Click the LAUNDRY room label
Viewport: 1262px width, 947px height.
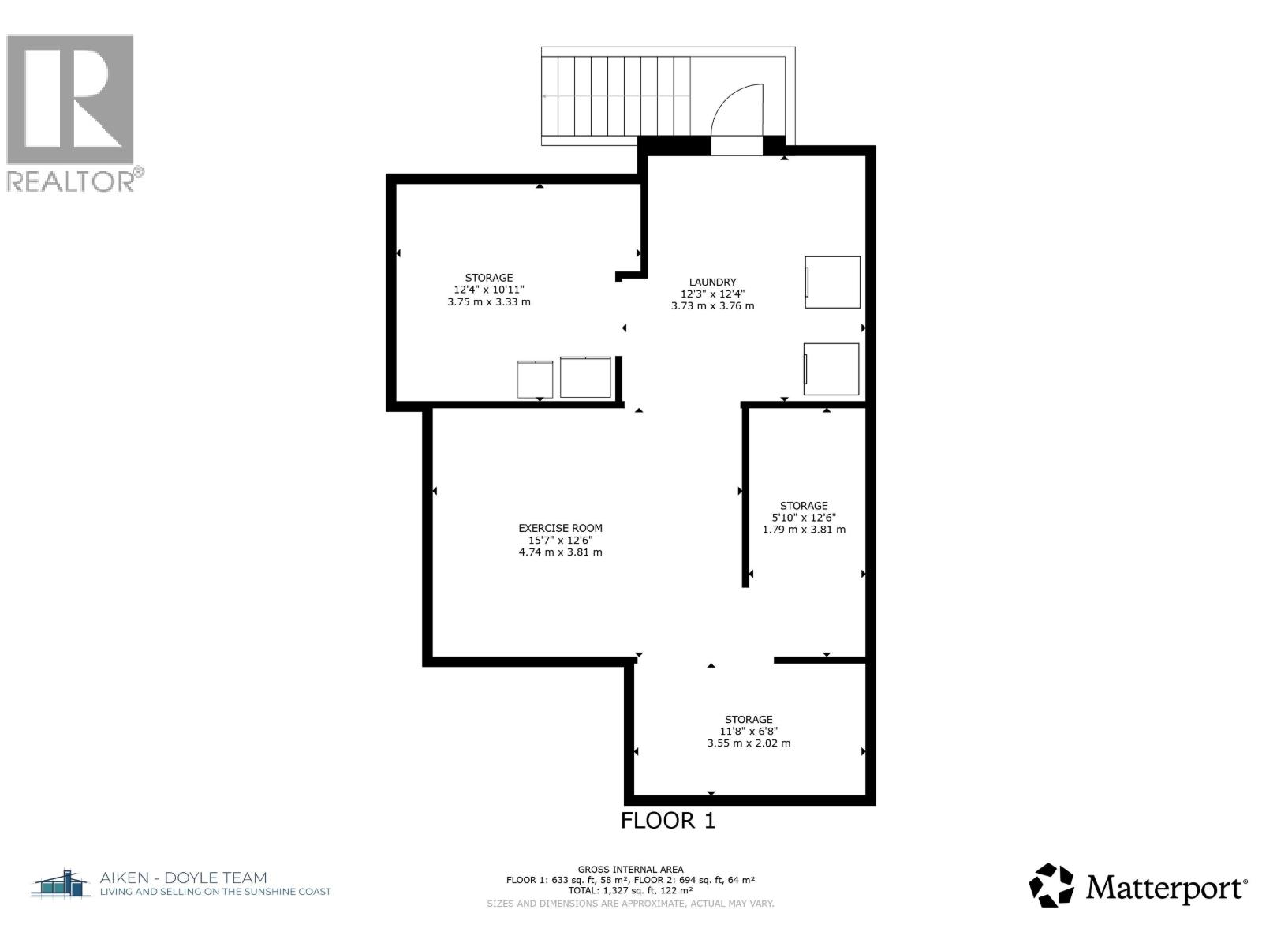pos(712,282)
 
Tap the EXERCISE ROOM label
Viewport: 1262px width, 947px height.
pos(560,528)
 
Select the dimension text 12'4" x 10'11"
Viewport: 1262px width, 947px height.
pos(488,290)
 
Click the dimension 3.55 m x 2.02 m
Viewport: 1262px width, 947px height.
pos(749,743)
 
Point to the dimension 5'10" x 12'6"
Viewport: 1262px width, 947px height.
pos(804,518)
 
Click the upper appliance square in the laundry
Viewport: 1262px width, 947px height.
pos(832,282)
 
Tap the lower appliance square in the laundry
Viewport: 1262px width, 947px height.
pos(831,369)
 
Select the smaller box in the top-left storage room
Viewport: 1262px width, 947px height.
pos(536,379)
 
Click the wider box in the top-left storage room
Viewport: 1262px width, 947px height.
pos(585,377)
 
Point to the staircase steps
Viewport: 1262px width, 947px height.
pos(615,96)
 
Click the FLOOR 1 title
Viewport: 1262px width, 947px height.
pos(667,821)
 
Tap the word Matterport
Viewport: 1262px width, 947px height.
pos(1166,888)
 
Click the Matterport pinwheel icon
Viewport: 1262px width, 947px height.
pos(1051,885)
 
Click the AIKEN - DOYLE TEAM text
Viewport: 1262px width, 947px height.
pos(183,878)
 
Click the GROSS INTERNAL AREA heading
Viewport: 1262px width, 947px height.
pos(630,870)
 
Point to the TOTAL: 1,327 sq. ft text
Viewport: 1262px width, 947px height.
pos(630,890)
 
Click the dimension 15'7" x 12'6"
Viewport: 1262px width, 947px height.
pos(560,541)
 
